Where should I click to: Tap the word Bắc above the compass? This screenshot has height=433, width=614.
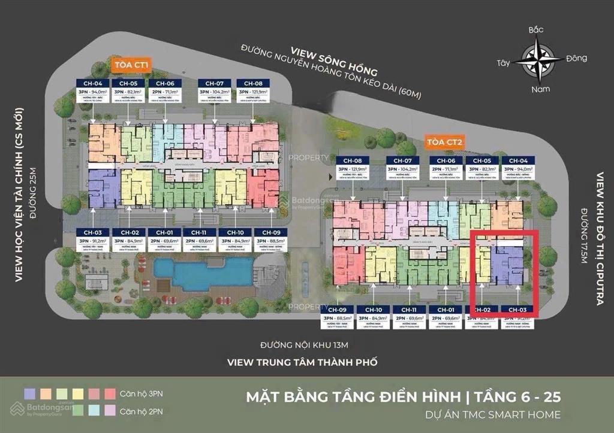pyautogui.click(x=535, y=29)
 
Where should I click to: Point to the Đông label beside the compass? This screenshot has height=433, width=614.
pyautogui.click(x=576, y=59)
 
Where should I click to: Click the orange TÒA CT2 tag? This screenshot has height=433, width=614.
pyautogui.click(x=444, y=142)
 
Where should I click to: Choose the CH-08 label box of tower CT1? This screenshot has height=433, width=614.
pyautogui.click(x=253, y=83)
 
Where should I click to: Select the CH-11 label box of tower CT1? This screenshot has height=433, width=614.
pyautogui.click(x=199, y=232)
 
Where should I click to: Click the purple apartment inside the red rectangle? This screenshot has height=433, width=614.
pyautogui.click(x=507, y=264)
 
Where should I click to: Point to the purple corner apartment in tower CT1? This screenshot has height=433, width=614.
pyautogui.click(x=103, y=188)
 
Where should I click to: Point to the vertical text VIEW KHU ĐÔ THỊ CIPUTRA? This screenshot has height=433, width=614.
pyautogui.click(x=600, y=240)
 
